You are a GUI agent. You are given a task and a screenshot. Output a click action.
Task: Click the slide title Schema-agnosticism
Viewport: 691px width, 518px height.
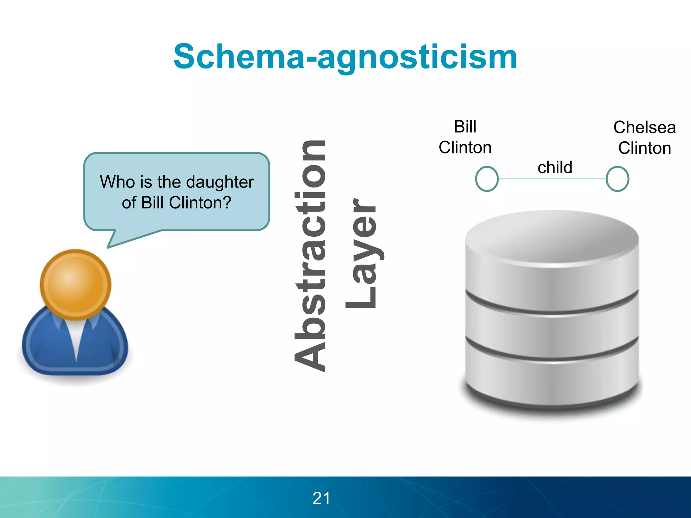coord(345,57)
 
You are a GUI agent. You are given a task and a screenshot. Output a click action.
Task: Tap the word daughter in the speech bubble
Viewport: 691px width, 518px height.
coord(220,182)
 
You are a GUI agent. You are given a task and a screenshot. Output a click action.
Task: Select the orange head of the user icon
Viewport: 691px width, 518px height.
coord(76,284)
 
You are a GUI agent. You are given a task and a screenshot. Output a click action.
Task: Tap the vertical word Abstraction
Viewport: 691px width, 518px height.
coord(310,256)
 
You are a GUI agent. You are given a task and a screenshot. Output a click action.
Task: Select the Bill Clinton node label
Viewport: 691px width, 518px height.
coord(465,137)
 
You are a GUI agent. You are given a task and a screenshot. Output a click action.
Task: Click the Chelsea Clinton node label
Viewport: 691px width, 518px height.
coord(644,138)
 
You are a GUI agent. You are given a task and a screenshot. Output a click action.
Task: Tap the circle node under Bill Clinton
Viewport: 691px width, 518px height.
coord(487,179)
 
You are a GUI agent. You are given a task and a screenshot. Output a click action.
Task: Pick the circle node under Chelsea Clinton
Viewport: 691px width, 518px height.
coord(617,179)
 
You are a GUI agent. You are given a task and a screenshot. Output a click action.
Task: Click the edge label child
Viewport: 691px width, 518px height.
coord(555,167)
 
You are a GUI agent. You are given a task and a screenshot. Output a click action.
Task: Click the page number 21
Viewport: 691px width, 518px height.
coord(321,498)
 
